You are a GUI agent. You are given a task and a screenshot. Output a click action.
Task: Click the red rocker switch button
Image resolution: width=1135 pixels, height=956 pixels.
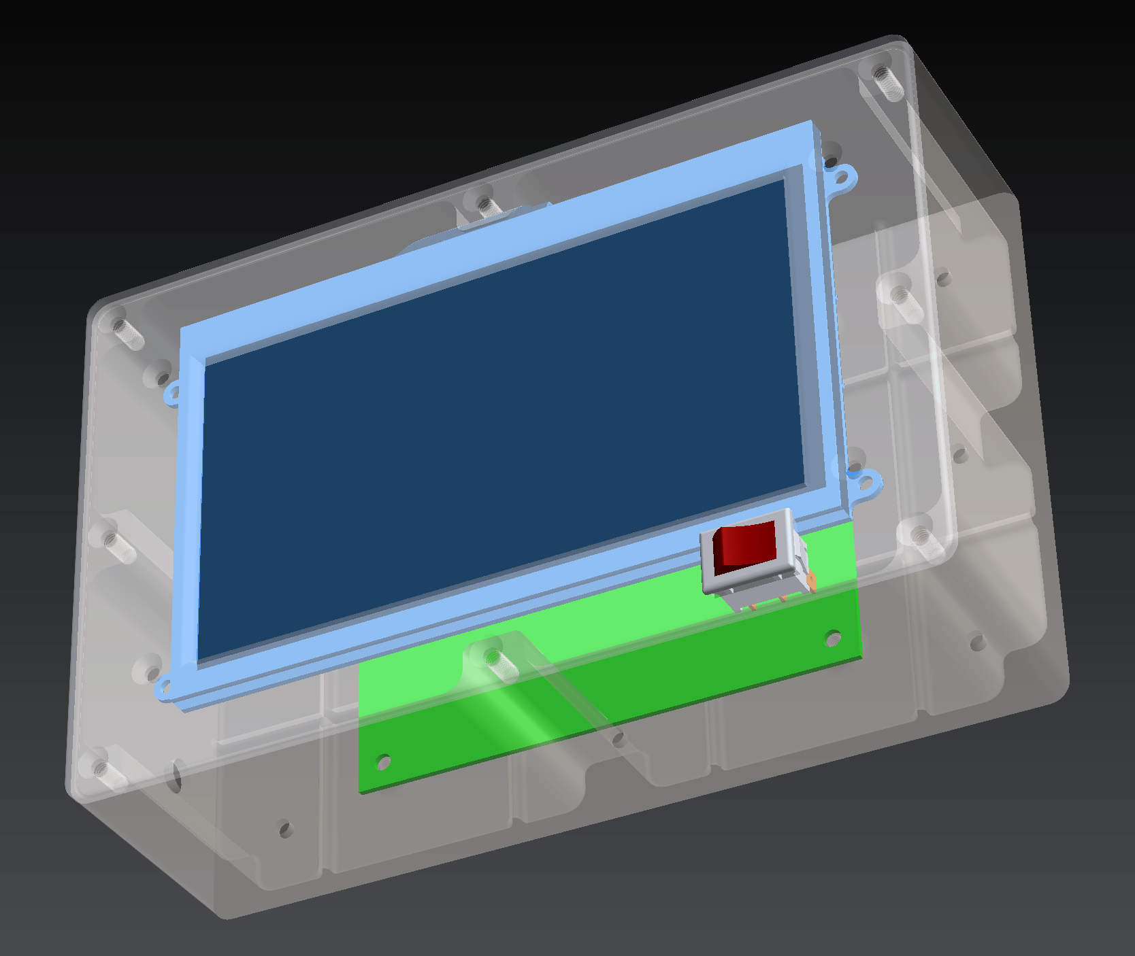[x=745, y=546]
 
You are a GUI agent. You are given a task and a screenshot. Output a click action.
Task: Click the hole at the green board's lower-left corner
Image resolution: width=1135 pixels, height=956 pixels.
[x=383, y=761]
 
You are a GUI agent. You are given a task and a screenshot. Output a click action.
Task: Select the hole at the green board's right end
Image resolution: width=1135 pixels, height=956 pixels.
[x=832, y=638]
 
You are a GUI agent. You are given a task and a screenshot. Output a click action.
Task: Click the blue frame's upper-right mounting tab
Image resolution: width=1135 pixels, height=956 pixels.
[x=842, y=179]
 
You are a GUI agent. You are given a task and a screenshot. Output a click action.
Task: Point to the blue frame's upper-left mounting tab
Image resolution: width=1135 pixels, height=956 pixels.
[x=172, y=393]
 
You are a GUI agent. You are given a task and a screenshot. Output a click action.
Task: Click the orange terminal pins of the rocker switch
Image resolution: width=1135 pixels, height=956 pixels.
[x=810, y=582]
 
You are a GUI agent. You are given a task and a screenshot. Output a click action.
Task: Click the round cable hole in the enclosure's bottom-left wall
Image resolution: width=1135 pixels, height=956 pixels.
[x=176, y=775]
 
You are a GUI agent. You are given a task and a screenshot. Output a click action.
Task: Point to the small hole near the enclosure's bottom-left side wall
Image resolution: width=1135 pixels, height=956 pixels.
[x=285, y=829]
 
